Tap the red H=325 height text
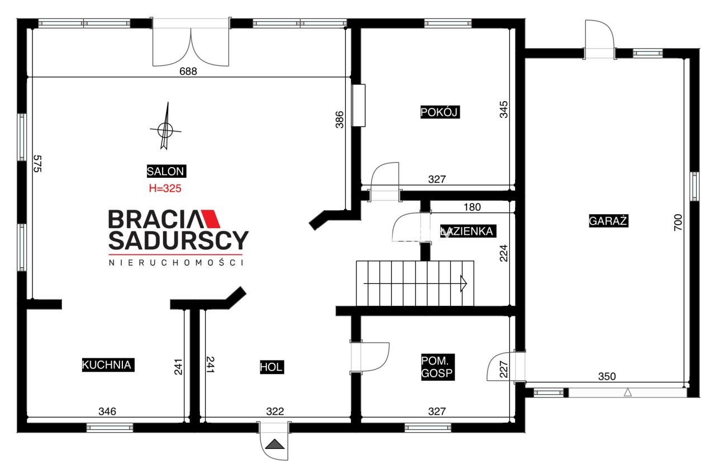click(165, 188)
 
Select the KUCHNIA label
click(108, 364)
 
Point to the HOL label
click(271, 367)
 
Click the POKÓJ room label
click(440, 112)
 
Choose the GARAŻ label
click(608, 221)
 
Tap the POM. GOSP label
click(437, 367)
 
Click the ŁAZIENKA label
click(468, 231)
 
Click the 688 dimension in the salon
click(188, 71)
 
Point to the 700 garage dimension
click(678, 222)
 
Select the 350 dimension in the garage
click(607, 376)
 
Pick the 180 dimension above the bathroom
click(472, 207)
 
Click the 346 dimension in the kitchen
click(107, 411)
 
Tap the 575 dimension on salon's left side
click(37, 164)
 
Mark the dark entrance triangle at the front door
click(274, 444)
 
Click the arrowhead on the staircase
click(464, 284)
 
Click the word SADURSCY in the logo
click(178, 240)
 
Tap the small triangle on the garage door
click(627, 392)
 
